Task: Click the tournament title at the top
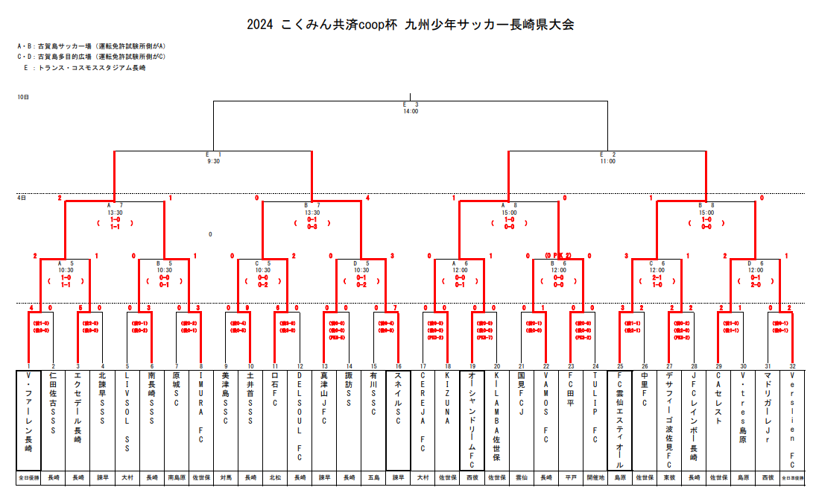click(411, 25)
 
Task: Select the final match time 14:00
click(411, 112)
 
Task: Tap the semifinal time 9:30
click(213, 160)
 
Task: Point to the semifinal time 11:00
click(607, 160)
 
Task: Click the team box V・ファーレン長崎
click(28, 418)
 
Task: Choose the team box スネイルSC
click(398, 418)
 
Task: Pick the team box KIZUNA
click(447, 418)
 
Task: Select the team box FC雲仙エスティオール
click(619, 418)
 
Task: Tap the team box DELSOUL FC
click(300, 418)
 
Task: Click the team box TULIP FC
click(595, 418)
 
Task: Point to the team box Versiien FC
click(791, 418)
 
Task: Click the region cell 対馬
click(226, 477)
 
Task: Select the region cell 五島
click(373, 477)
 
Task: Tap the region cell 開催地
click(595, 477)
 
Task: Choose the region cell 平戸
click(570, 477)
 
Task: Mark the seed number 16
click(398, 366)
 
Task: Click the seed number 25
click(619, 366)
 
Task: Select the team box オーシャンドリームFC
click(472, 418)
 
